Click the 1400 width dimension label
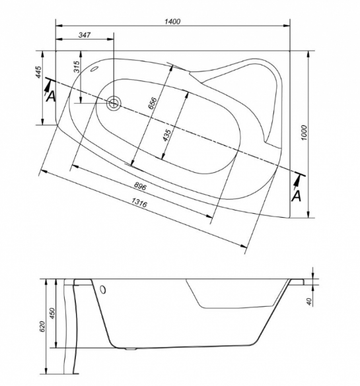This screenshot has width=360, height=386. click(172, 22)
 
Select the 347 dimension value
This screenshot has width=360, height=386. click(85, 35)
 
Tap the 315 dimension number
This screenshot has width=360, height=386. click(77, 67)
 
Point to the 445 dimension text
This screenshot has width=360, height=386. click(39, 72)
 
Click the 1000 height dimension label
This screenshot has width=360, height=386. click(305, 133)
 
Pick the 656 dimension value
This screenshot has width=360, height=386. click(153, 103)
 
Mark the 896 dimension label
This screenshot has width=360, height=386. click(140, 186)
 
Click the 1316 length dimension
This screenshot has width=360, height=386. click(139, 203)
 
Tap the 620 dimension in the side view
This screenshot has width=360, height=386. click(42, 327)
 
